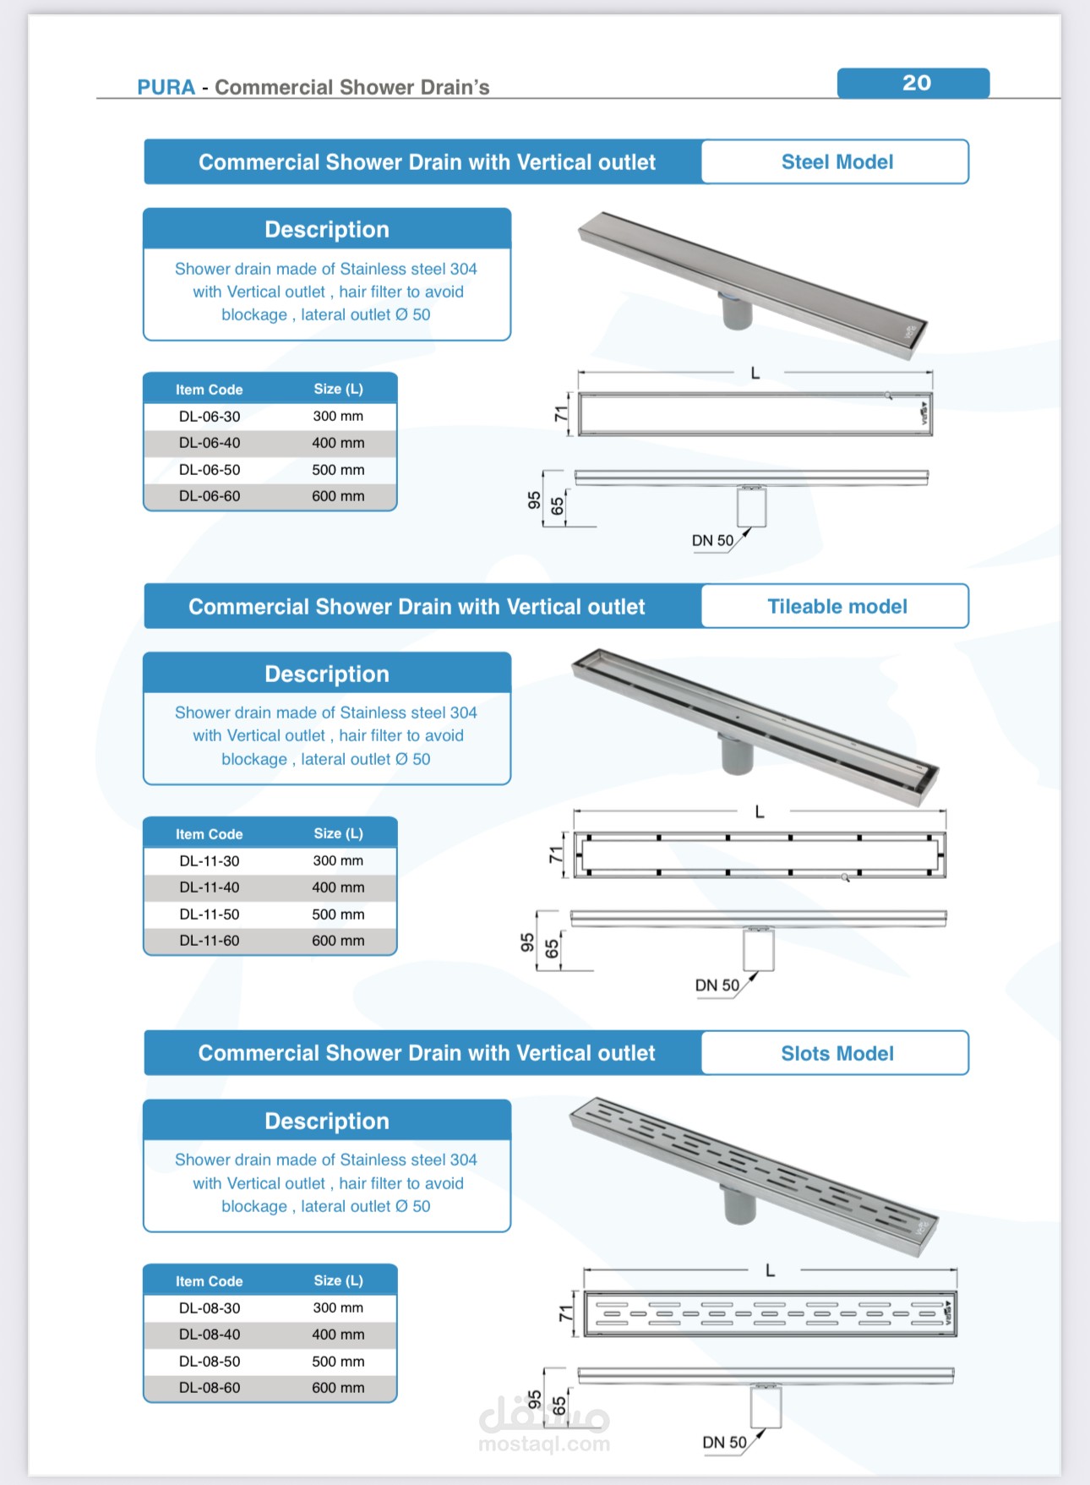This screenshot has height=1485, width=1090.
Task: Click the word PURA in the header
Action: (x=166, y=87)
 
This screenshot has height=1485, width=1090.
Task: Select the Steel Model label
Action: (x=837, y=162)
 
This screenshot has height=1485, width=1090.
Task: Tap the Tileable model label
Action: (x=837, y=606)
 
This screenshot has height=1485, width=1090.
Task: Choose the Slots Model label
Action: (x=837, y=1053)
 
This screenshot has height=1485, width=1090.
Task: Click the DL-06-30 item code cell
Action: (x=210, y=417)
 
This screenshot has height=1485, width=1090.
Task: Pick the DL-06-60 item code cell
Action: (x=210, y=496)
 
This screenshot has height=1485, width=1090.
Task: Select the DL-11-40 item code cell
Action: (x=210, y=887)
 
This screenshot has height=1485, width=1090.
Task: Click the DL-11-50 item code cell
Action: (x=210, y=914)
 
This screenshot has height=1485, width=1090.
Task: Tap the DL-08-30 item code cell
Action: (x=210, y=1308)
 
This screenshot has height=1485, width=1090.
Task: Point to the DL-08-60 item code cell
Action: (x=210, y=1388)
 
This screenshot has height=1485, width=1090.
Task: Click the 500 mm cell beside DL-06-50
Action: (x=338, y=470)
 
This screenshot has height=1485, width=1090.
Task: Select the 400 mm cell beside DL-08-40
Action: (x=338, y=1335)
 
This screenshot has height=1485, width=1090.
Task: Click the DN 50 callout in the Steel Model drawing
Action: (x=712, y=541)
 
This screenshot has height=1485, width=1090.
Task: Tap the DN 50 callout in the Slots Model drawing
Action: (x=724, y=1443)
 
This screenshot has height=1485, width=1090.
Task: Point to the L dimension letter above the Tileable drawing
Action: (x=760, y=812)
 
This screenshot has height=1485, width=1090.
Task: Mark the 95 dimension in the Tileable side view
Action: (x=527, y=942)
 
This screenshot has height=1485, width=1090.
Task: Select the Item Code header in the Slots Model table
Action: (x=209, y=1281)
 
